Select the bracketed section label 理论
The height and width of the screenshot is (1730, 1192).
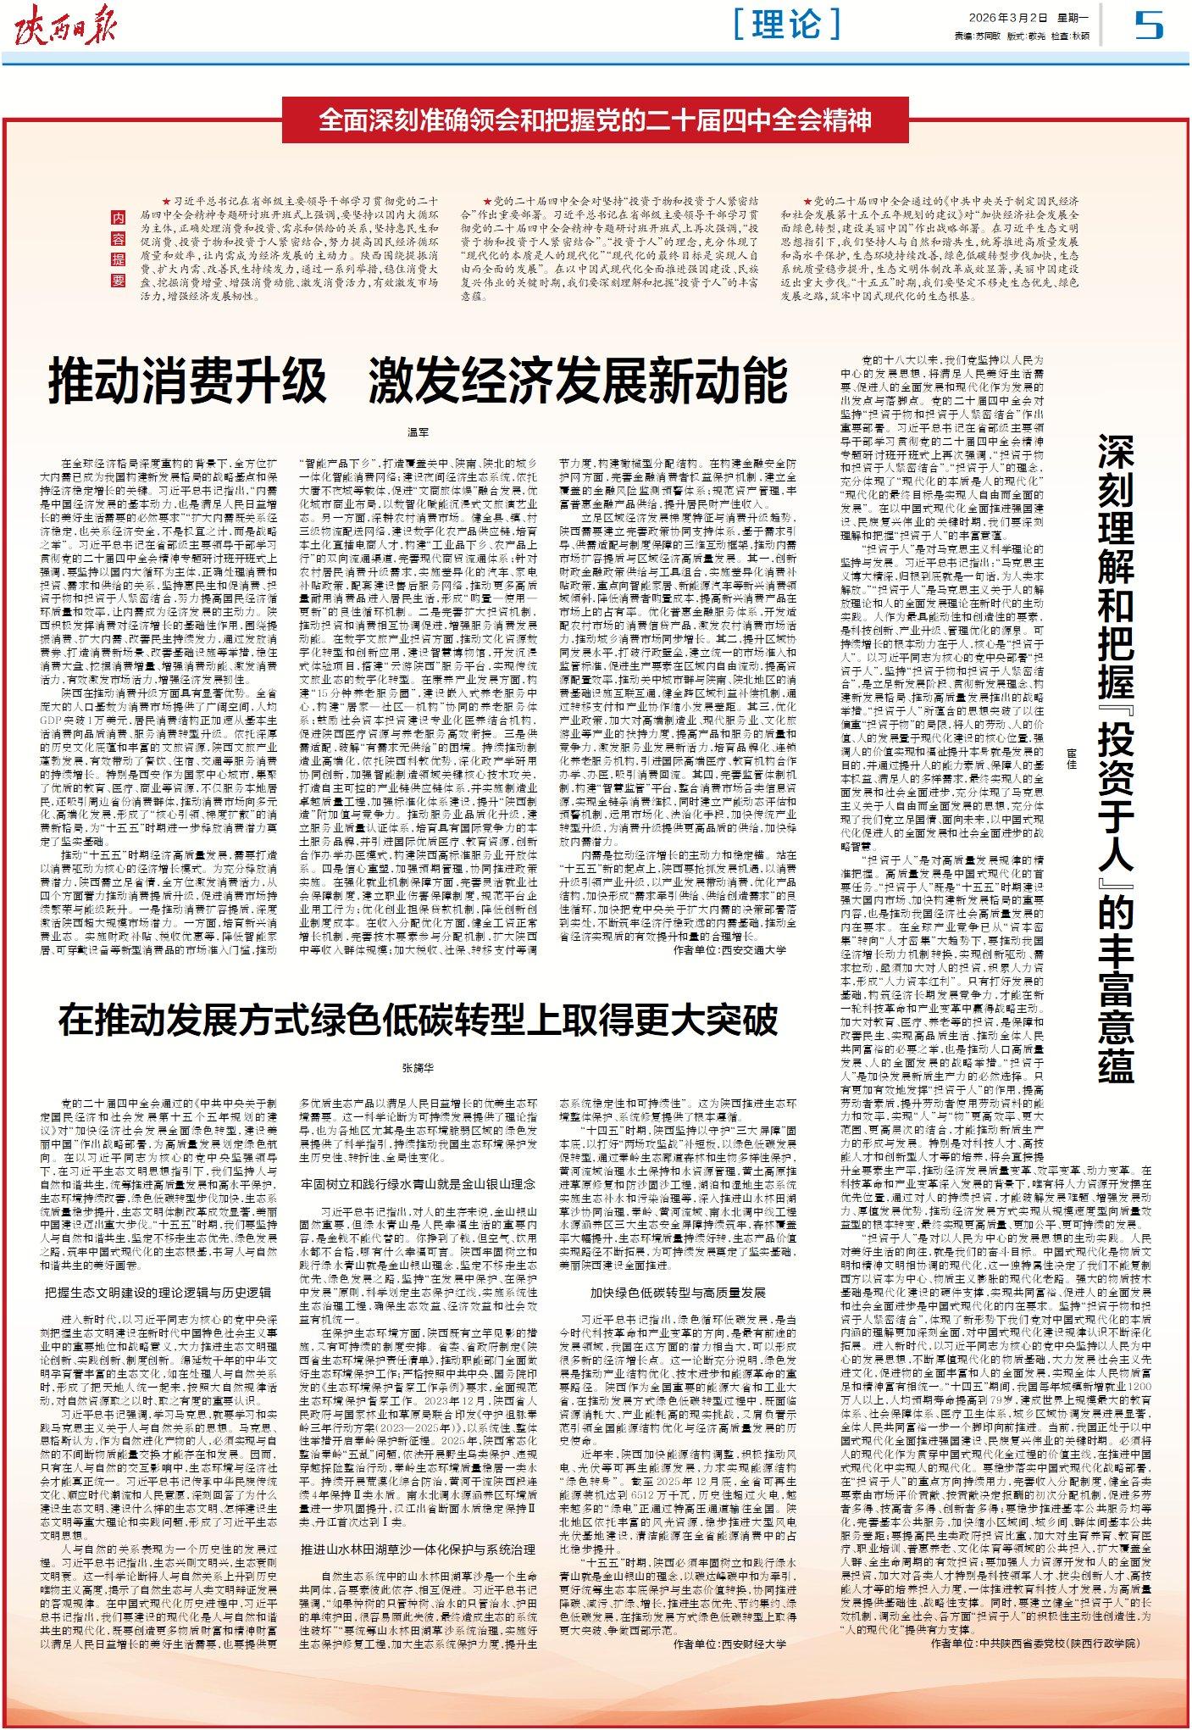[787, 24]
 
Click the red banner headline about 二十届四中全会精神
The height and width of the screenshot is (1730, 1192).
[595, 120]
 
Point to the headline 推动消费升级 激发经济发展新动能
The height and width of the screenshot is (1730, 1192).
[418, 381]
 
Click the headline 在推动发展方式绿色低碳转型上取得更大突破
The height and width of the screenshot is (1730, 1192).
[418, 1020]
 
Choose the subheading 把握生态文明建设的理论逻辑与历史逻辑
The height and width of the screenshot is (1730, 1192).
[158, 1292]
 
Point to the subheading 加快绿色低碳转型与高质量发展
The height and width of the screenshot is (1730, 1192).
[678, 1292]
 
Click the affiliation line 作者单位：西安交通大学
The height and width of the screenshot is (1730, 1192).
[729, 950]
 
